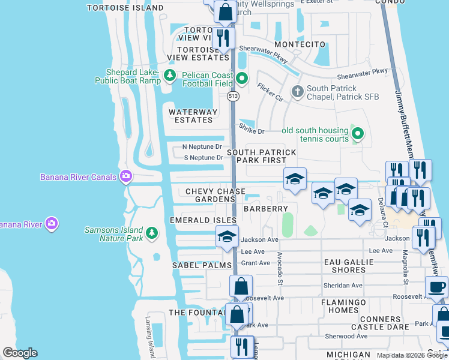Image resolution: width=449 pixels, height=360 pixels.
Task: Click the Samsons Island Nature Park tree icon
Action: click(x=152, y=233)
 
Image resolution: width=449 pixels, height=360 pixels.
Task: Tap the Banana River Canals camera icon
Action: click(x=126, y=176)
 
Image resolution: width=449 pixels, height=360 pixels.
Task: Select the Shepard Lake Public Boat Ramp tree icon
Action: click(x=170, y=76)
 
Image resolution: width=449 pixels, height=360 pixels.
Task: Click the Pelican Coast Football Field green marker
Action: click(x=242, y=78)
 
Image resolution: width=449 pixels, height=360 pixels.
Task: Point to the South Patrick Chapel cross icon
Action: click(x=297, y=92)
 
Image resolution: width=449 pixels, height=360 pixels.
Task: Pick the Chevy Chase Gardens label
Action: click(x=215, y=196)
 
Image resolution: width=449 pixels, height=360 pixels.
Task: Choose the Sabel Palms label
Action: click(x=202, y=265)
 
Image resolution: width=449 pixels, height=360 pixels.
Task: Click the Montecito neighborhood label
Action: click(x=300, y=44)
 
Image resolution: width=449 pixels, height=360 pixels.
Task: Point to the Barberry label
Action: click(x=265, y=208)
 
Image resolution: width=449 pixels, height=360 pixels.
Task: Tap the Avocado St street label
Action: click(x=280, y=268)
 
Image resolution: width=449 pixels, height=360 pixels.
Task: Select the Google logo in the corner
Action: click(x=20, y=353)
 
